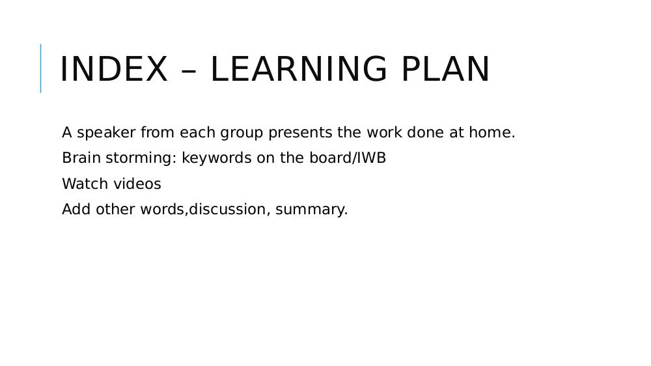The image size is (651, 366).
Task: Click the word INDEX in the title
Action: [x=114, y=69]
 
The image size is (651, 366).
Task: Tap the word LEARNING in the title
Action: [x=299, y=69]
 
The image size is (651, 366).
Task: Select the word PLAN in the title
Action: [x=446, y=69]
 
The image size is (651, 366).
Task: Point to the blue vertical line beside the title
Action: [x=40, y=68]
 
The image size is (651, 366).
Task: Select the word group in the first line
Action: [x=242, y=134]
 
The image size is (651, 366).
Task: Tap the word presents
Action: [x=300, y=134]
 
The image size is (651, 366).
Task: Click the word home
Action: [x=492, y=132]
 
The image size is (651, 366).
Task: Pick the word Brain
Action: [x=81, y=158]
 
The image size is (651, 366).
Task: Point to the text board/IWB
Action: [x=348, y=158]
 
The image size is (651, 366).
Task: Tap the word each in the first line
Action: [x=197, y=132]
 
